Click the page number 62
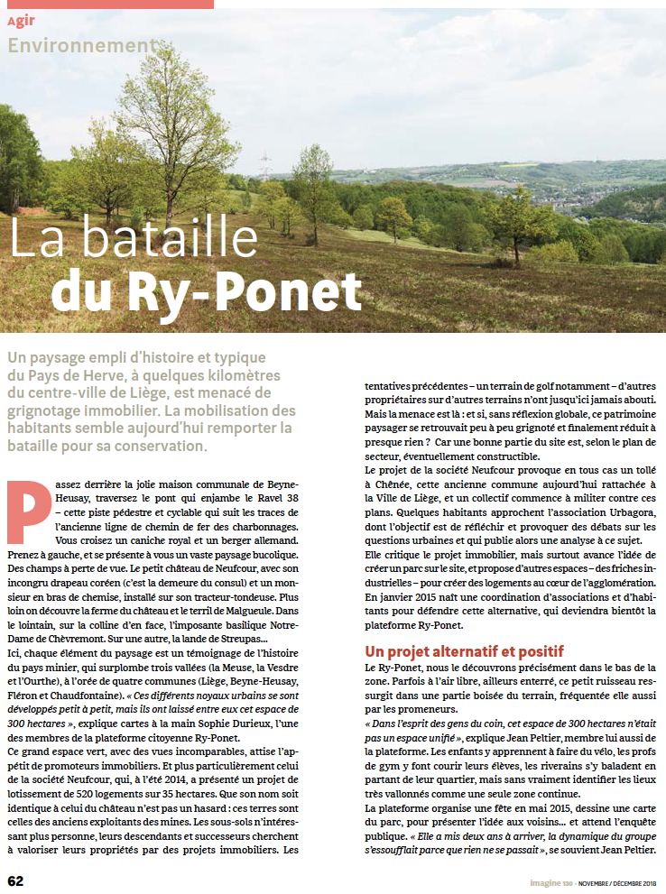point(16,880)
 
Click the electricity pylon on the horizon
point(264,166)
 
